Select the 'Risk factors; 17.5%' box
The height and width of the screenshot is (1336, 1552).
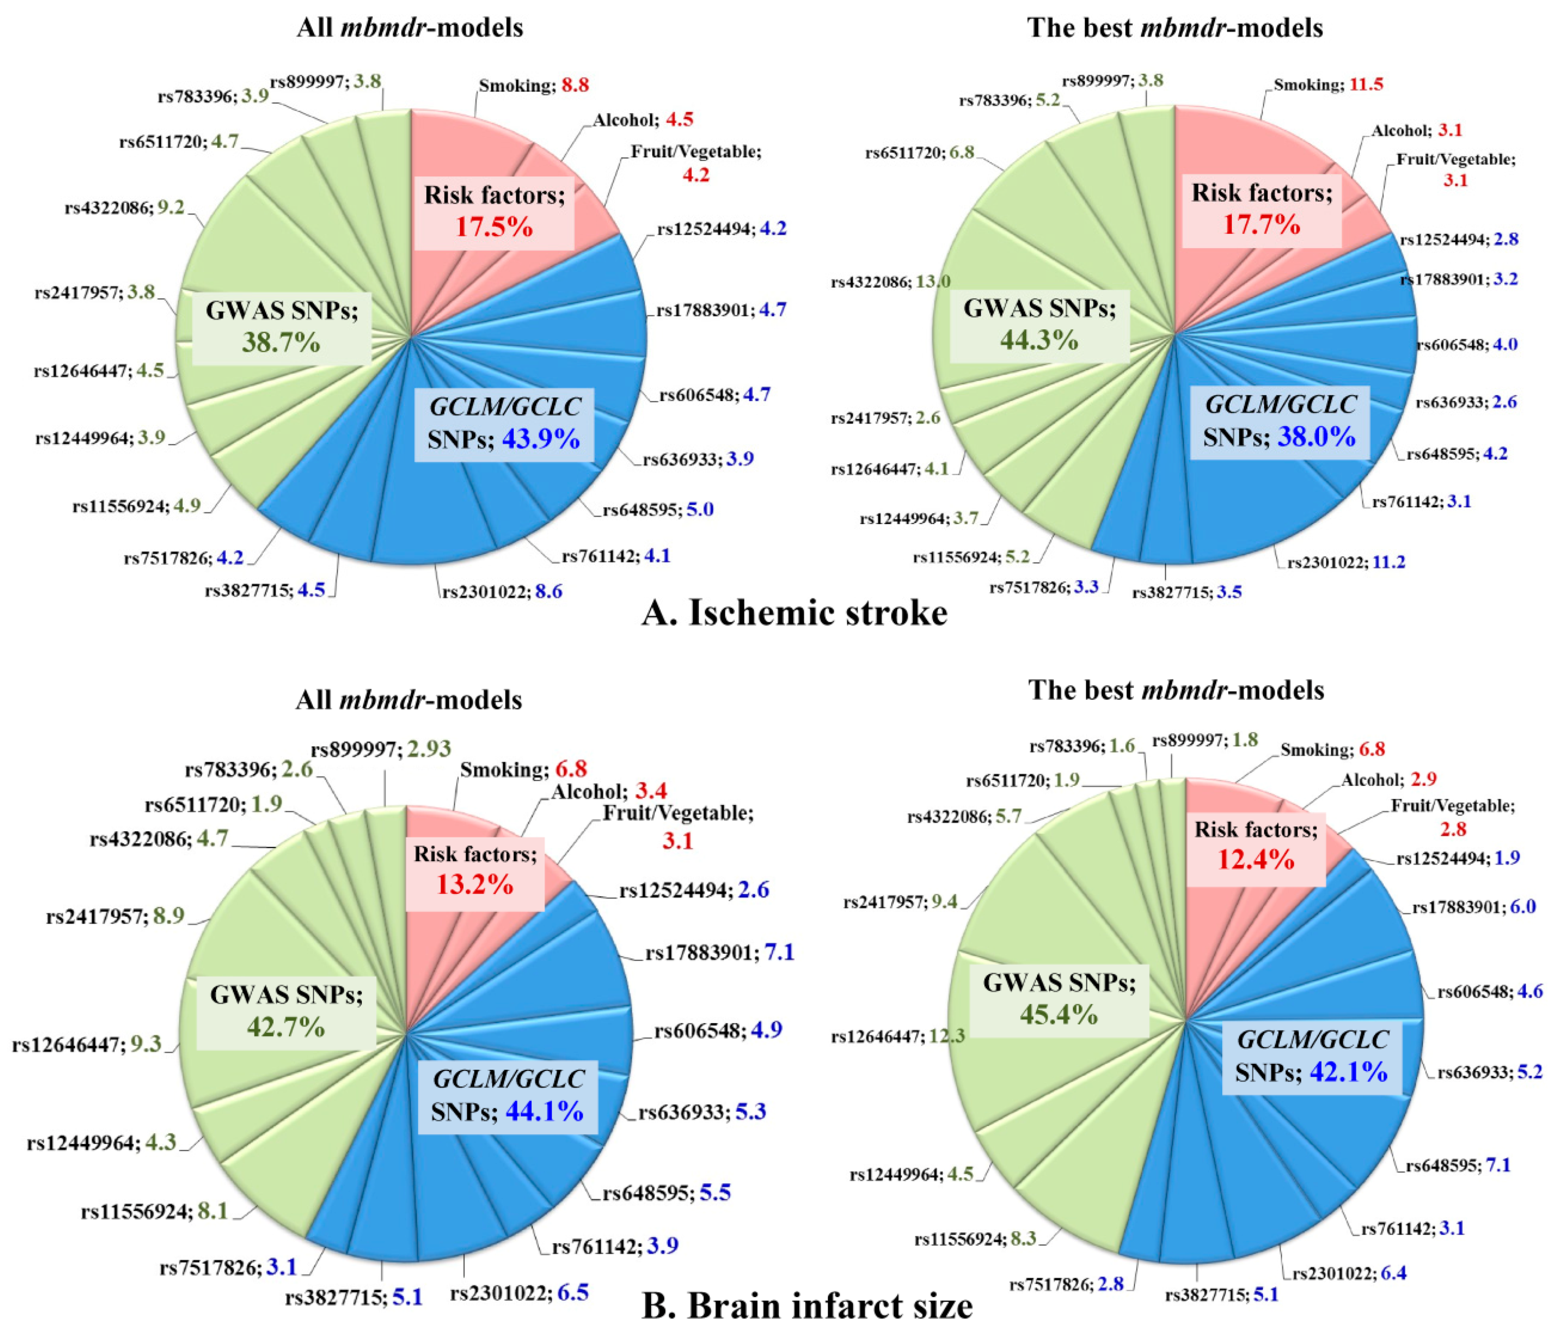click(x=494, y=211)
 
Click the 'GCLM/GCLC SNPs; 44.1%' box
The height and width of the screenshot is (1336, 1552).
click(x=507, y=1096)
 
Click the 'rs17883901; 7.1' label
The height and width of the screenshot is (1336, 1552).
click(x=719, y=953)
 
